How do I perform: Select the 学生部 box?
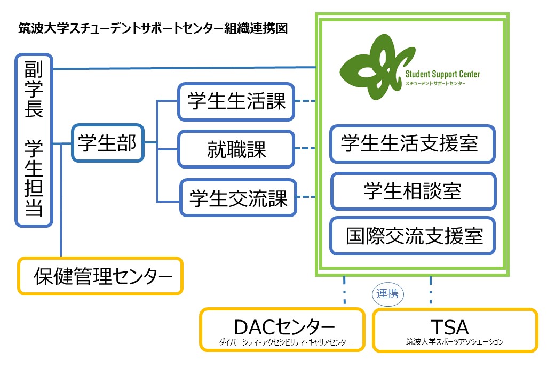pos(107,143)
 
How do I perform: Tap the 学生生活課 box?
pos(236,101)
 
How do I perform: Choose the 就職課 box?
pos(236,150)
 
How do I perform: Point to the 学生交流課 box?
pos(239,198)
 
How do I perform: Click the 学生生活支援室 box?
pos(412,144)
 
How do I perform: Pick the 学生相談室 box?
pos(413,190)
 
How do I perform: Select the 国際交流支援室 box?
pos(413,236)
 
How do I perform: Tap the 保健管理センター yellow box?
pos(100,276)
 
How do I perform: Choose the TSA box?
pos(455,330)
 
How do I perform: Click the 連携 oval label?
pos(388,293)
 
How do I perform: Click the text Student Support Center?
pos(442,74)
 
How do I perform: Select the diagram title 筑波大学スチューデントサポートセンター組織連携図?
pos(153,28)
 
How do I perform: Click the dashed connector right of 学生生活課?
pos(305,100)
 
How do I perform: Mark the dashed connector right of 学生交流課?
pos(306,197)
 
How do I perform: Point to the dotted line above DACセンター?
pos(344,291)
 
